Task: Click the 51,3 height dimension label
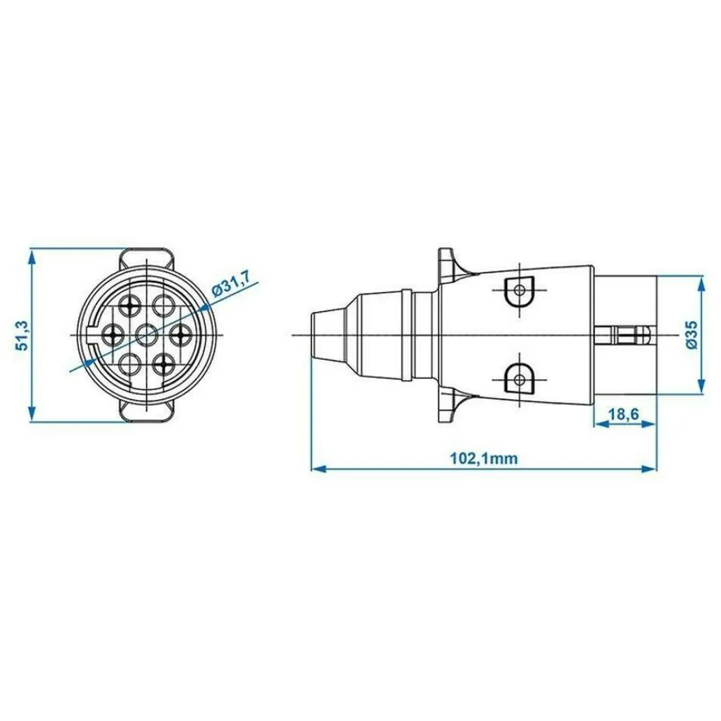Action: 23,336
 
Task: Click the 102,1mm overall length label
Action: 484,458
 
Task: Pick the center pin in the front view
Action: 146,334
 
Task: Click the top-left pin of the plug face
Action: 130,305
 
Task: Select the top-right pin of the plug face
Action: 163,305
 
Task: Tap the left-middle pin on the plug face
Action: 113,334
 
